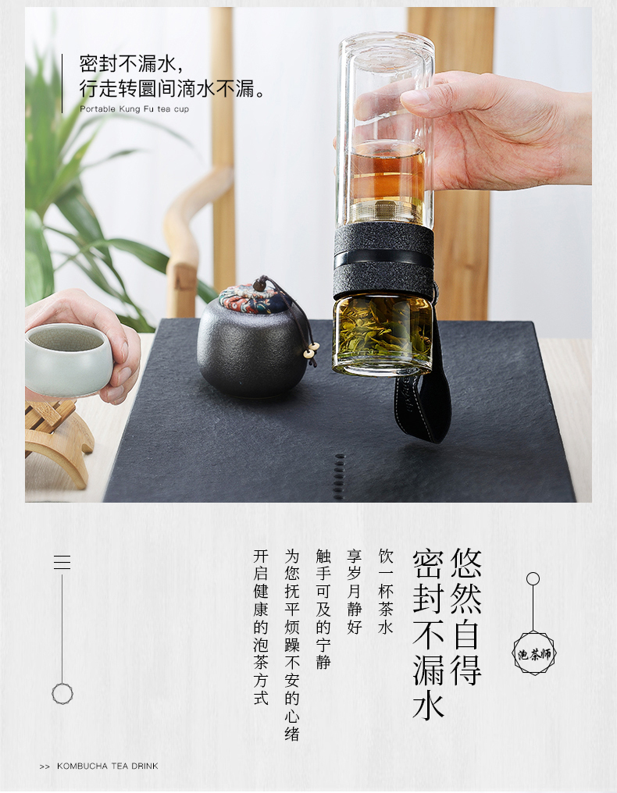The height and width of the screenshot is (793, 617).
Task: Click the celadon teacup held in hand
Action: coord(68,358)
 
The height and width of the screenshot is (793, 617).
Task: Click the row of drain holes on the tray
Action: coord(340,476)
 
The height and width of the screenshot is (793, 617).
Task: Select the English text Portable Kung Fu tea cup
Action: coord(134,108)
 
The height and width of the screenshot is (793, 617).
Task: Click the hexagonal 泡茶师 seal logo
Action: coord(534,653)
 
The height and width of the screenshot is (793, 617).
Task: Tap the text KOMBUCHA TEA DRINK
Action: coord(107,766)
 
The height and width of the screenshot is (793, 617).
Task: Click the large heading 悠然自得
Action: coord(465,617)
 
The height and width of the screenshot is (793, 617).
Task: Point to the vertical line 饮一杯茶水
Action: coord(386,591)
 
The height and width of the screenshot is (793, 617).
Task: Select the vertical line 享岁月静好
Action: coord(355,591)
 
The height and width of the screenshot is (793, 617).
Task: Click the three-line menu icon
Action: coord(62,562)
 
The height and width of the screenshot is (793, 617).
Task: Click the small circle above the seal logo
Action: coord(533,579)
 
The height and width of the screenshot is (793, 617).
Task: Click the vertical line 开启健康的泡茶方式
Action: coord(261,627)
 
